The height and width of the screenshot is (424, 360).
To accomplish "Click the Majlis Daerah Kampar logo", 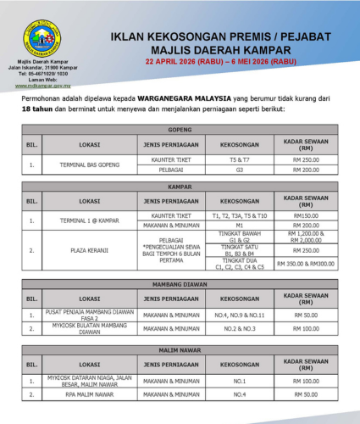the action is pos(41,36).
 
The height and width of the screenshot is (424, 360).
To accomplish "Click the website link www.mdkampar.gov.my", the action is pos(41,85).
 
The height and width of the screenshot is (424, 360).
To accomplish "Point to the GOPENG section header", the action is pos(180,130).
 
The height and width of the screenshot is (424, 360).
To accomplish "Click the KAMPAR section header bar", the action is pos(180,186).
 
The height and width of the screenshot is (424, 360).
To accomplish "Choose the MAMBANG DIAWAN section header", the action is pos(180,286).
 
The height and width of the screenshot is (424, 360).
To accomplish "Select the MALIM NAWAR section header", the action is pos(180,349).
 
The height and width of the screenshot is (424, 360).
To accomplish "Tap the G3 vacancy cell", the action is pos(240,170).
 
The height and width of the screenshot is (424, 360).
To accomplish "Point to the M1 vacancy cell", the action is pos(240,226).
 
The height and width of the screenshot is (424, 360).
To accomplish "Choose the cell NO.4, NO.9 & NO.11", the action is pos(240,315).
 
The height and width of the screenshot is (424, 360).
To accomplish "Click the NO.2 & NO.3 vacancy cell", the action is pos(240,331).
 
